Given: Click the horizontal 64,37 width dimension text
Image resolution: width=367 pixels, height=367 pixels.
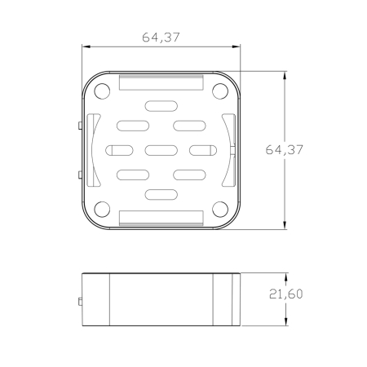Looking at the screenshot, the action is [x=161, y=38].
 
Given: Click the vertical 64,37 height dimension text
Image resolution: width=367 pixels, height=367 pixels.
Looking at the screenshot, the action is [x=284, y=150].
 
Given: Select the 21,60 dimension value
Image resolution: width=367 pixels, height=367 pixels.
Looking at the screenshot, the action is [x=285, y=294].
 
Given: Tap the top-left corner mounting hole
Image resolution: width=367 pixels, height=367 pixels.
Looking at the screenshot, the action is [x=102, y=91].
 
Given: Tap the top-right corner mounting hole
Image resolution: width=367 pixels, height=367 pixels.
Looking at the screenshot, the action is [x=220, y=91].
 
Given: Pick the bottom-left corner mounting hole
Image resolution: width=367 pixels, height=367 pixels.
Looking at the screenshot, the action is [x=102, y=210].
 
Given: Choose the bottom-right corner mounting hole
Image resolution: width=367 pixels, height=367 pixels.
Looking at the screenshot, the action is [x=220, y=210].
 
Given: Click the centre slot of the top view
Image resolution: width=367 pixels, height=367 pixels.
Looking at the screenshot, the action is [x=161, y=150].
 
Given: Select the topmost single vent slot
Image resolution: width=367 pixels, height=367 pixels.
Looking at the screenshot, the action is [x=161, y=106].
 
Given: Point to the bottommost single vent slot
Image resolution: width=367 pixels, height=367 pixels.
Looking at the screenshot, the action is [x=161, y=195].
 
